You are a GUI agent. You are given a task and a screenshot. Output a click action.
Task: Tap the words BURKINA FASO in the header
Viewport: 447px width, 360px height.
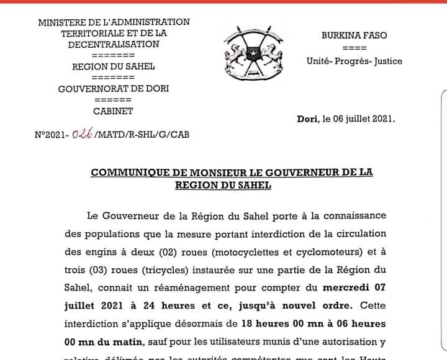tap(354, 35)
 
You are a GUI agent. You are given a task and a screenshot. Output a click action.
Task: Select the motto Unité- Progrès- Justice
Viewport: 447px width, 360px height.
tap(354, 61)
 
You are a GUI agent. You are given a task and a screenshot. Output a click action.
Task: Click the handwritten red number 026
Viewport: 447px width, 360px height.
tap(82, 133)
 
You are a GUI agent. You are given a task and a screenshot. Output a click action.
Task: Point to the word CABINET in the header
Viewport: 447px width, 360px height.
tap(113, 112)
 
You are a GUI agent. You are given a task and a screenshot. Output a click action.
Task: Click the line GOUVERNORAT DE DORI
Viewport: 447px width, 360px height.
tap(114, 89)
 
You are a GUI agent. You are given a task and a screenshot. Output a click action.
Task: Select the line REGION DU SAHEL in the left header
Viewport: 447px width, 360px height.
tap(114, 66)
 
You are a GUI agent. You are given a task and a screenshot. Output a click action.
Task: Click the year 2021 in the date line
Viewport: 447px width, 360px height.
tap(381, 118)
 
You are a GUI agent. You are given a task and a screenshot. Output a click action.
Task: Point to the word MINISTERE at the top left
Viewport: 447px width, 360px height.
tap(61, 22)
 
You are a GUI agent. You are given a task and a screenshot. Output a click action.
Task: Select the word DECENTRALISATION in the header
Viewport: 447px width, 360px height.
tap(114, 44)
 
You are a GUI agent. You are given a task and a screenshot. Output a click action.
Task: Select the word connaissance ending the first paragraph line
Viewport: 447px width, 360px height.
tap(351, 215)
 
